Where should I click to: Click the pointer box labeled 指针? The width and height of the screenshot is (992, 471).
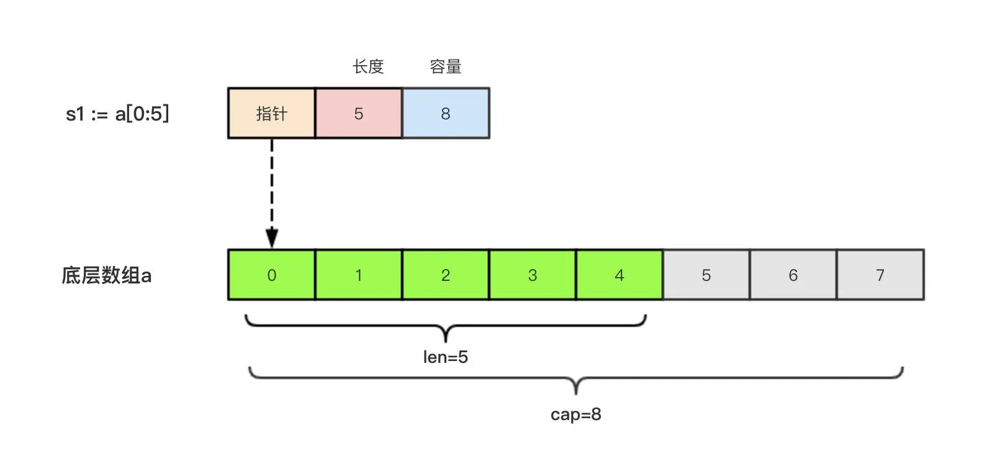point(271,113)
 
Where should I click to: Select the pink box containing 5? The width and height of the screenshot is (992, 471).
point(358,113)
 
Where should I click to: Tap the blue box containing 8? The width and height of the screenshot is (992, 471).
point(445,113)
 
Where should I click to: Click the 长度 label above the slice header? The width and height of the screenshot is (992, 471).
point(368,66)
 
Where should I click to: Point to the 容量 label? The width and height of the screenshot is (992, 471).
point(445,66)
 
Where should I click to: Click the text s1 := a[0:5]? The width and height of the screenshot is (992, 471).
point(117,114)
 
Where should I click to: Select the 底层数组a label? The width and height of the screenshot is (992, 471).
point(106,275)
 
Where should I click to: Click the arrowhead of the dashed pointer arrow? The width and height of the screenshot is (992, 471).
point(271,238)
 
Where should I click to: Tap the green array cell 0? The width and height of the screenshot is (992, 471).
point(271,275)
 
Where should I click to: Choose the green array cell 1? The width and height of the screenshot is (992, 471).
point(358,275)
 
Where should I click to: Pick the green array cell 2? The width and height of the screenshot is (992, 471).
point(445,275)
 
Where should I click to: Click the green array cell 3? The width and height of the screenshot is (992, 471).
point(532,275)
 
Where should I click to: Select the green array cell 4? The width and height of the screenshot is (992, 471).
point(619,275)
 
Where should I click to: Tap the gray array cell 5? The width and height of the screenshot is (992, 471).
point(706,275)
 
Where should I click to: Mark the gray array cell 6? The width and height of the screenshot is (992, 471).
point(793,275)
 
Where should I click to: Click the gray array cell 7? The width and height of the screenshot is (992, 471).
point(880,275)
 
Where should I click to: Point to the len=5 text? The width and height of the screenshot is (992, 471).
point(445,357)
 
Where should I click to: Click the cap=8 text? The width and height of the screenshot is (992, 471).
point(575,414)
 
